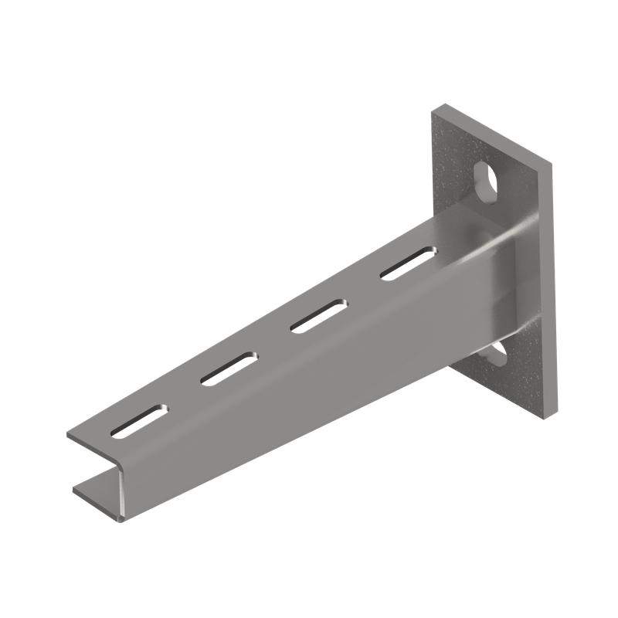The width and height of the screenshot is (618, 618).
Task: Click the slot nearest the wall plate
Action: tap(408, 263)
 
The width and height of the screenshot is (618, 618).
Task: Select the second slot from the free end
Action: tap(229, 368)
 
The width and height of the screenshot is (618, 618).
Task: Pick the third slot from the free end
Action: tap(318, 315)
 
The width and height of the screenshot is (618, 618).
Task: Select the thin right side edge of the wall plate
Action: tap(554, 286)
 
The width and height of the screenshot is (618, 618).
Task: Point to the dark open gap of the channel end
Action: tap(97, 467)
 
